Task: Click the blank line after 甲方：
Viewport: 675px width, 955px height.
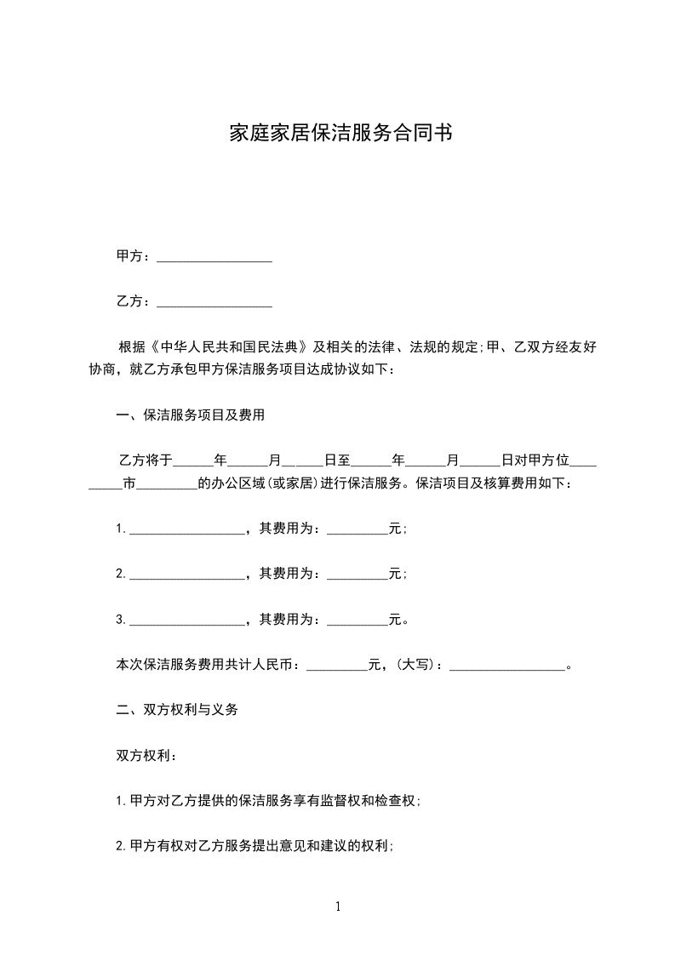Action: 215,258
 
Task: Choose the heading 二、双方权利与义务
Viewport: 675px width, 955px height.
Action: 177,709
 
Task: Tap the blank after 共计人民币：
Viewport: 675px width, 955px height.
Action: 336,666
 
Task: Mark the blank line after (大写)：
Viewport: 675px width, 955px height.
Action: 506,666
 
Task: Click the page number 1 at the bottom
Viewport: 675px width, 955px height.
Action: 338,906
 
